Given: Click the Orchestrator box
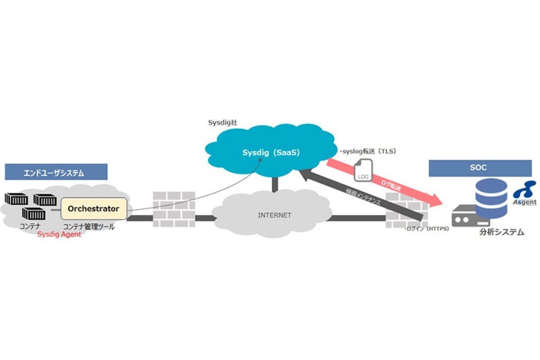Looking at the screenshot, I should click(x=94, y=209).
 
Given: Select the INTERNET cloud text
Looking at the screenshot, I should click(x=274, y=215).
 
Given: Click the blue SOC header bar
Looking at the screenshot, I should click(x=481, y=168).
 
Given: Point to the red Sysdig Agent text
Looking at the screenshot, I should click(x=59, y=234).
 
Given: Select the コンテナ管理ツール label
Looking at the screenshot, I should click(x=89, y=227).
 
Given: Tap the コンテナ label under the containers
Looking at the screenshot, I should click(x=30, y=226).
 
